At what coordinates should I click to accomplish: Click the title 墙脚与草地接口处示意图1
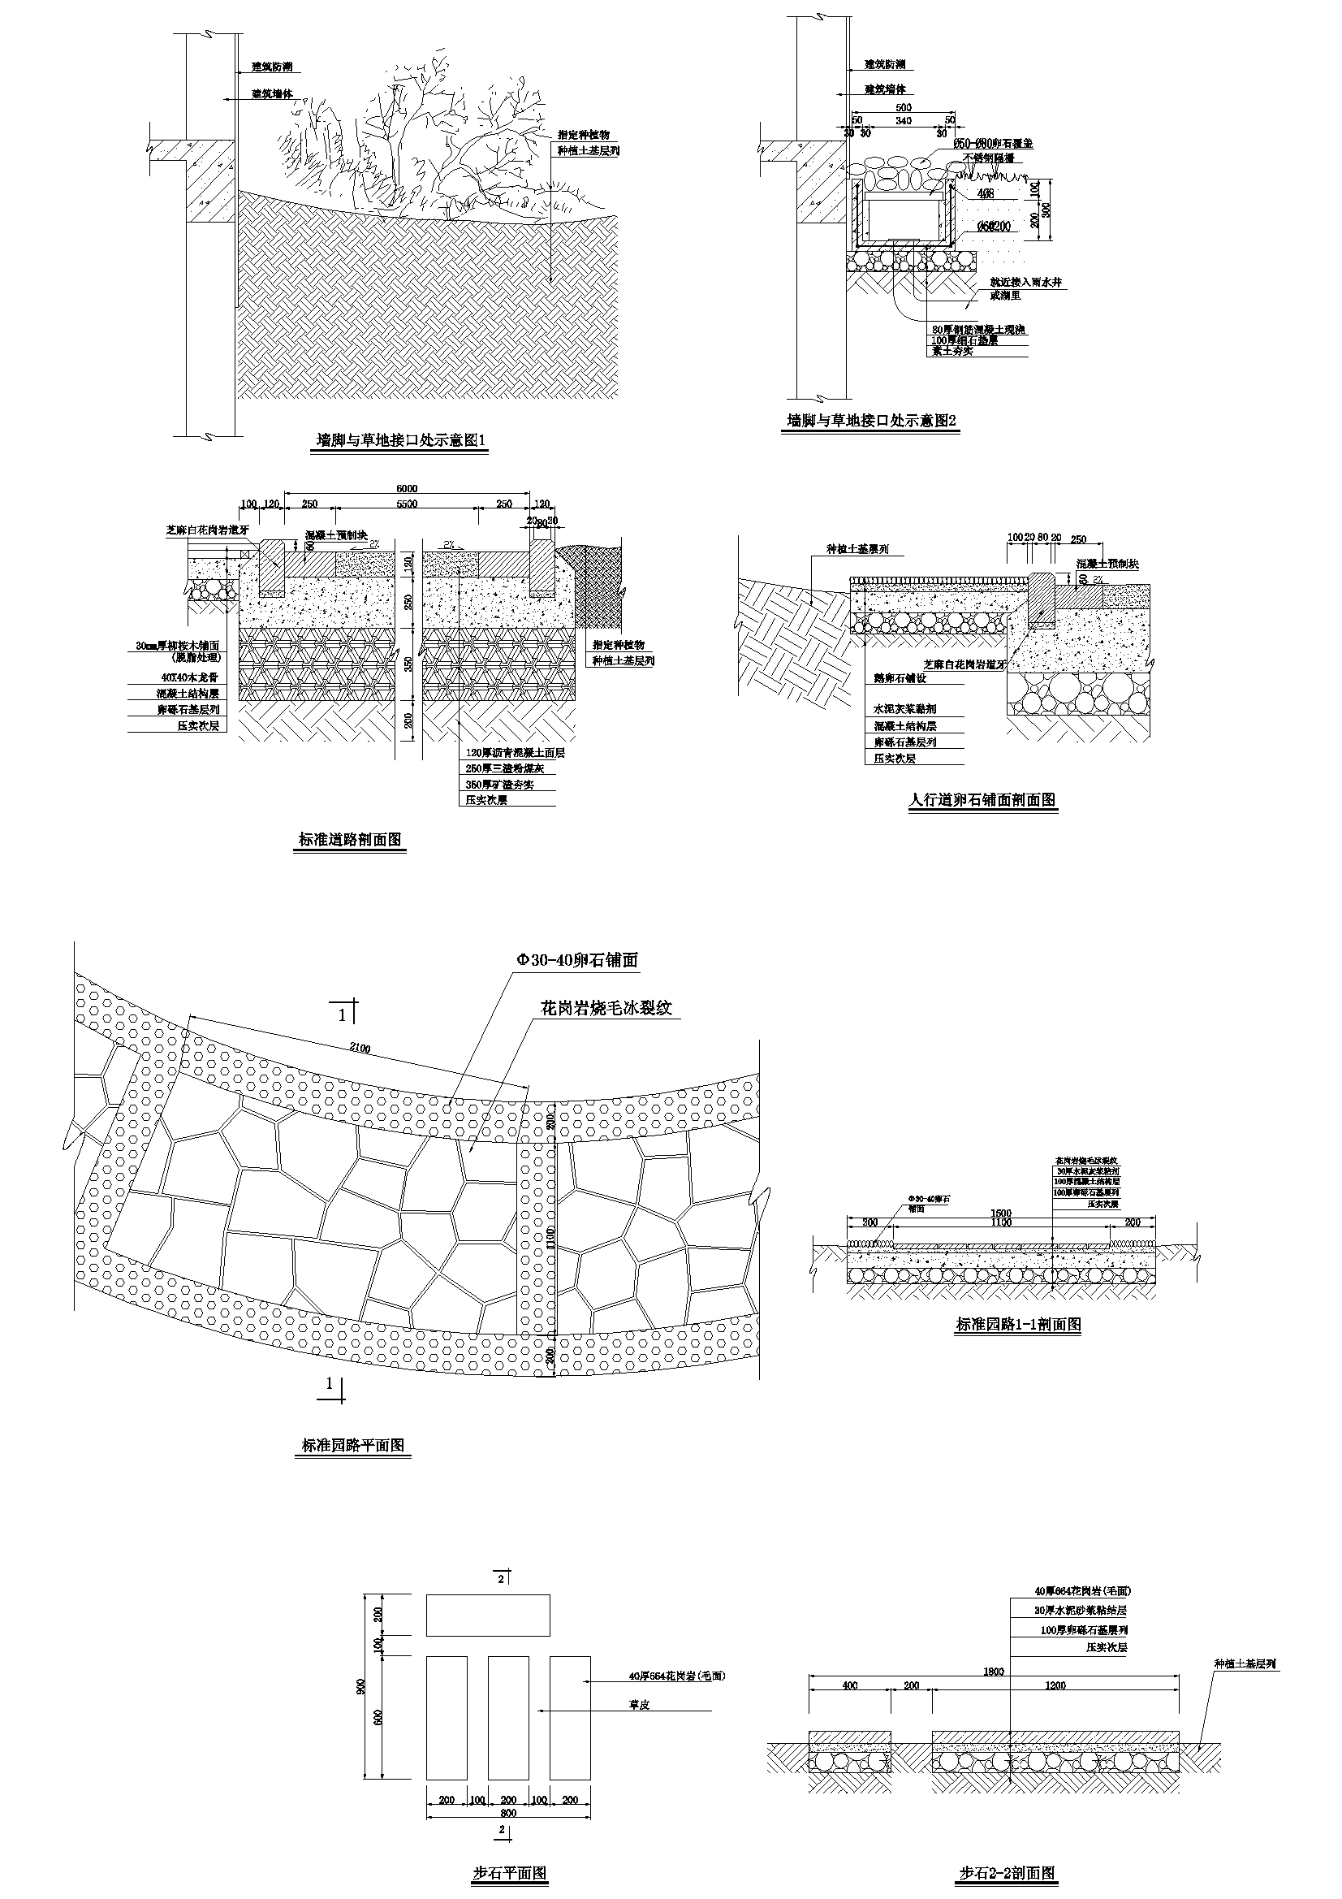pyautogui.click(x=403, y=442)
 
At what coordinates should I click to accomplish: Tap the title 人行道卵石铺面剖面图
pyautogui.click(x=982, y=800)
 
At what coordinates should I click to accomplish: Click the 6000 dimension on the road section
pyautogui.click(x=408, y=488)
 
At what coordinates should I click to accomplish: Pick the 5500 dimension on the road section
pyautogui.click(x=407, y=504)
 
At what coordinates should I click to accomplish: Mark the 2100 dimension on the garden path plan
pyautogui.click(x=360, y=1049)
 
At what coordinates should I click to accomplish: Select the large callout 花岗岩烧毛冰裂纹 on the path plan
pyautogui.click(x=607, y=1008)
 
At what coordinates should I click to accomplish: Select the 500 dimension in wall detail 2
pyautogui.click(x=904, y=107)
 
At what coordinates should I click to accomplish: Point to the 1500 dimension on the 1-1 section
pyautogui.click(x=1002, y=1213)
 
